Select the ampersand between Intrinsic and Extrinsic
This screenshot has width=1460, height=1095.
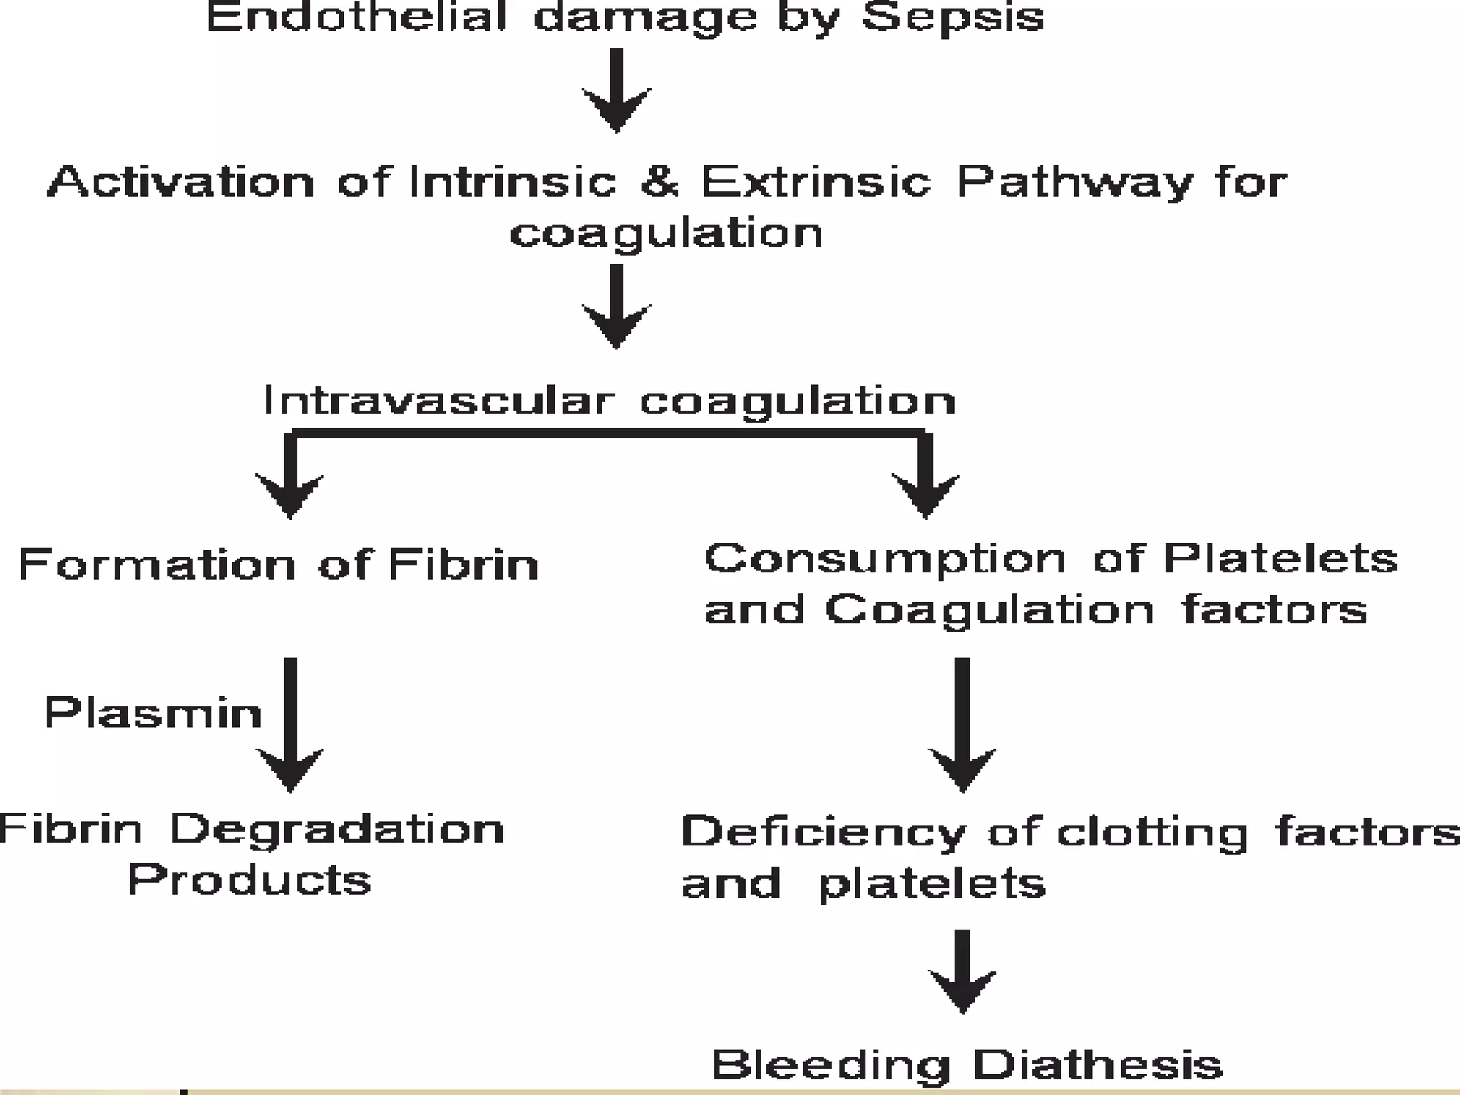point(659,181)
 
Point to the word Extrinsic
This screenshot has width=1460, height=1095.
point(816,181)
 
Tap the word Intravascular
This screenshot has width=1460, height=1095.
point(438,400)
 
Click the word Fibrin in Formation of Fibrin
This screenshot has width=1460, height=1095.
point(463,565)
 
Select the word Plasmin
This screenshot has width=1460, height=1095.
point(153,712)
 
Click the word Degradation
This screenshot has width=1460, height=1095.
point(337,829)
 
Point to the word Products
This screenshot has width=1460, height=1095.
point(250,880)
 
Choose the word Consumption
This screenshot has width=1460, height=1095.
point(885,560)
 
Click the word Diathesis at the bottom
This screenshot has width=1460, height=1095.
point(1097,1065)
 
